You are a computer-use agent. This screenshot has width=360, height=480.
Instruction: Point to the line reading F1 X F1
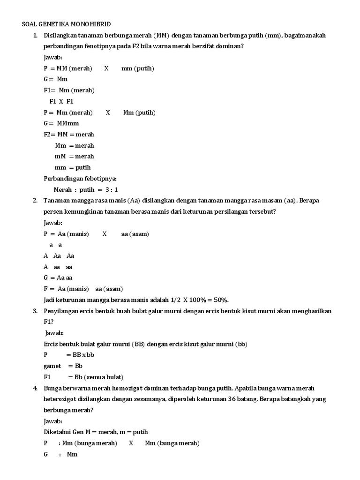tap(61, 101)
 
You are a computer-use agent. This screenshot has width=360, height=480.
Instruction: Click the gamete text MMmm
tap(68, 123)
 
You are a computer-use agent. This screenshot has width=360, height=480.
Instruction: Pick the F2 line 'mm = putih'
tap(73, 167)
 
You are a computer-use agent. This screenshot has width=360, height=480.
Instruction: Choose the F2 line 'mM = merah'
tap(75, 156)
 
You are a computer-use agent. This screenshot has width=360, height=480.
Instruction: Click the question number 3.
tap(35, 311)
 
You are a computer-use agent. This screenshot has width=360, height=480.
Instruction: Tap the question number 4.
tap(35, 388)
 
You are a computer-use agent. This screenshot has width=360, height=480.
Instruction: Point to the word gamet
tap(52, 366)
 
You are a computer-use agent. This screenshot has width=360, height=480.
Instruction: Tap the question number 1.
tap(35, 35)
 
